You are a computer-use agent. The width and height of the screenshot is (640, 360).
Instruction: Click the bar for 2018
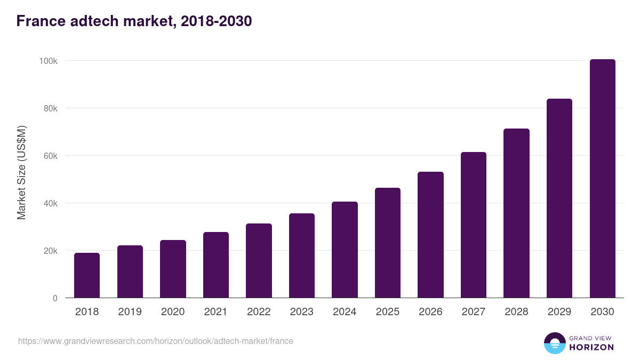87,275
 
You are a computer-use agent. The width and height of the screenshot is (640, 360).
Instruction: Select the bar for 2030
602,179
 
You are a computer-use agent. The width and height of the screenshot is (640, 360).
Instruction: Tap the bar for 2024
345,250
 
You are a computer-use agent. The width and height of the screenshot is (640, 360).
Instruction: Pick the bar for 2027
474,225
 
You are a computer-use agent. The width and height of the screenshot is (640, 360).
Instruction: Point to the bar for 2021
216,265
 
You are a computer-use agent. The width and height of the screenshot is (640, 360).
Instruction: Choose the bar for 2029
559,198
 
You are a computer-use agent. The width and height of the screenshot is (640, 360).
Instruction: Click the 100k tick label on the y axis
48,61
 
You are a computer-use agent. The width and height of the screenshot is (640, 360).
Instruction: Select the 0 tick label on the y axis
54,298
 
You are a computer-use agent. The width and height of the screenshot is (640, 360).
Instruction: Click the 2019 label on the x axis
130,312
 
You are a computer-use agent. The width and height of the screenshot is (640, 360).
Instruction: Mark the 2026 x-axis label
430,312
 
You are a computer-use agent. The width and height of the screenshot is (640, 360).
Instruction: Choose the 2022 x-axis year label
259,312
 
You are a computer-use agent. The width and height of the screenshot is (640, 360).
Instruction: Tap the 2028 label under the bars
516,312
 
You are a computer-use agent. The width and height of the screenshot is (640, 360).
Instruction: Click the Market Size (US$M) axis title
21,172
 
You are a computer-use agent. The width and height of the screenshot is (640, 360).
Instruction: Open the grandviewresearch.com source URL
156,341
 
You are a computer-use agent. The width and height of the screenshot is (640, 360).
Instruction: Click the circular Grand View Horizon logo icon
555,343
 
